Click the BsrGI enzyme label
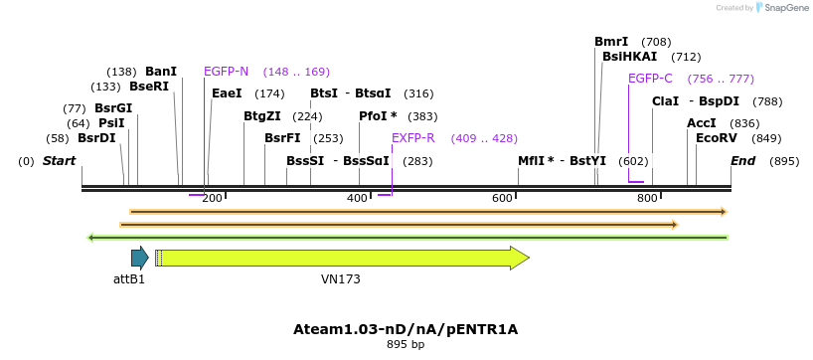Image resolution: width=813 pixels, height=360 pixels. click(112, 108)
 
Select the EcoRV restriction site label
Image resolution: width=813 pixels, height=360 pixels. click(717, 138)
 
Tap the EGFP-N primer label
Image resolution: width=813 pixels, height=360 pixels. click(226, 72)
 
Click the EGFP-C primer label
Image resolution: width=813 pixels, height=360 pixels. click(650, 79)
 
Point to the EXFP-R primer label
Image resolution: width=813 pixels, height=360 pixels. click(413, 138)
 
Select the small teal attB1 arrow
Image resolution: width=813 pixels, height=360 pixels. click(139, 259)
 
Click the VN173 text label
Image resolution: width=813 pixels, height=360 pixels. click(340, 279)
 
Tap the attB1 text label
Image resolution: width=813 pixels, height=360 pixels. click(129, 279)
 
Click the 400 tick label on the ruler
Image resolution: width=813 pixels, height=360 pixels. click(357, 199)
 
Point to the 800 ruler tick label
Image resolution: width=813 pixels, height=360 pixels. click(647, 199)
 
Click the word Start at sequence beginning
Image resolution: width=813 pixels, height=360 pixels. click(59, 161)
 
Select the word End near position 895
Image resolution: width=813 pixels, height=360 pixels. click(742, 161)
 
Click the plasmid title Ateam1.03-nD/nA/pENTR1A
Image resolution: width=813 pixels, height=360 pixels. click(406, 329)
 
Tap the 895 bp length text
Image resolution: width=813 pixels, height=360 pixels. click(406, 345)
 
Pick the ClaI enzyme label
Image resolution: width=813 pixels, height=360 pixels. click(665, 101)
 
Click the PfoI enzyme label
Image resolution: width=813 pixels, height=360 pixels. click(378, 116)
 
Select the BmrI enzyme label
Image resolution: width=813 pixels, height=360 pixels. click(611, 42)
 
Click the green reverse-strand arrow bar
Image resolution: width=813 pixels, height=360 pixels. click(407, 238)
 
